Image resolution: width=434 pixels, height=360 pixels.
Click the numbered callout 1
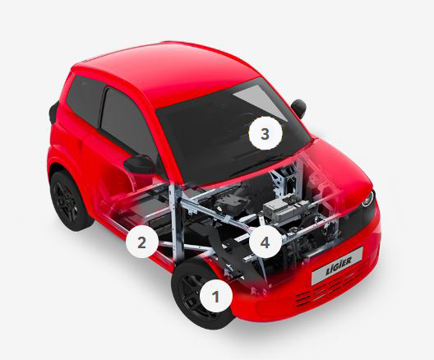(x=215, y=296)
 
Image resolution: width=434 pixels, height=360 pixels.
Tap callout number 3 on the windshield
(x=265, y=134)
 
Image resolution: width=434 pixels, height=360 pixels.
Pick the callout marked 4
(x=265, y=242)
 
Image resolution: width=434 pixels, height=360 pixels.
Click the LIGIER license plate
(x=337, y=265)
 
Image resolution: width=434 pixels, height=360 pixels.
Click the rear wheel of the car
(x=68, y=201)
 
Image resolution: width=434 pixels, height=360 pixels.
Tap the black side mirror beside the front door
(x=140, y=164)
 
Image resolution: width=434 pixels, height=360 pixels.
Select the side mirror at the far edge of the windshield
(x=298, y=108)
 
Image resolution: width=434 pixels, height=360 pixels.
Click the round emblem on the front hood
(x=368, y=198)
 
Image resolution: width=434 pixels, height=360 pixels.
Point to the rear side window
(x=85, y=100)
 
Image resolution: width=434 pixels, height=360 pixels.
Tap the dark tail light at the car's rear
(x=53, y=113)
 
